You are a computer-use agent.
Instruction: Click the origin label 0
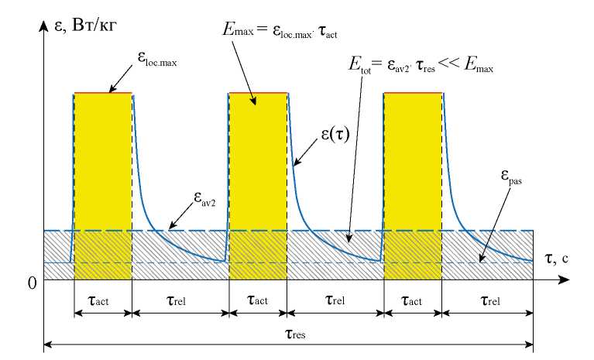(32, 283)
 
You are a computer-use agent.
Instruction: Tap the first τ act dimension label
(103, 300)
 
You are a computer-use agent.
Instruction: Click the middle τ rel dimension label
(335, 300)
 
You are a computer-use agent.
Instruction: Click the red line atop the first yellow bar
(103, 93)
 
